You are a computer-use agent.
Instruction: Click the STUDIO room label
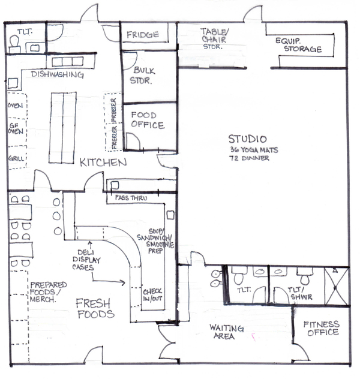click(248, 139)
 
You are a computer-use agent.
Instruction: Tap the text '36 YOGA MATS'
click(254, 150)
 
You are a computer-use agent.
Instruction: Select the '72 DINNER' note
click(249, 158)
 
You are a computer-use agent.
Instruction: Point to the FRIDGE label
click(143, 35)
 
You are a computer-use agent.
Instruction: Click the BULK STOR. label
click(142, 76)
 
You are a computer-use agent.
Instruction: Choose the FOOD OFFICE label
click(148, 120)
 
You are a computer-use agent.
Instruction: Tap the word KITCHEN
click(103, 163)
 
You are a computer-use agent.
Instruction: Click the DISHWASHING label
click(58, 74)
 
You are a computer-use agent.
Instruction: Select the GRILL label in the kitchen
click(16, 158)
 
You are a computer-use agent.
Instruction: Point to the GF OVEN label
click(16, 128)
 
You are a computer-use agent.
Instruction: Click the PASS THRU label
click(131, 198)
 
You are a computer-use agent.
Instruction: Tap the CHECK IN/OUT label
click(152, 295)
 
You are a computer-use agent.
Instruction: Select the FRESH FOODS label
click(95, 309)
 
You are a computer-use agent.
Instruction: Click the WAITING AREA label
click(227, 332)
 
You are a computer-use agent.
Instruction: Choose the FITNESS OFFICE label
click(322, 329)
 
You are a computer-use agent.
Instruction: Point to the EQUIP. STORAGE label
click(299, 45)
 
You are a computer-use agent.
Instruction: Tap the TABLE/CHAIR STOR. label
click(214, 38)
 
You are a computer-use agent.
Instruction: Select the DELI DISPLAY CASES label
click(86, 260)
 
